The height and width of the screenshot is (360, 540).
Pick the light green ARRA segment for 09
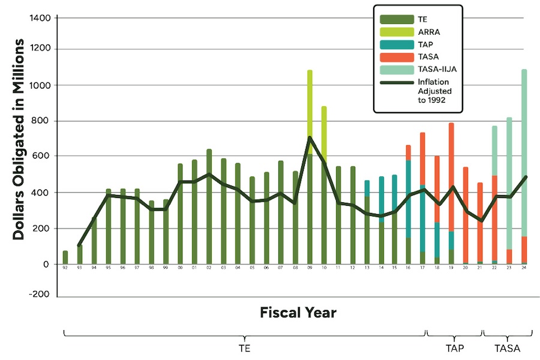310,102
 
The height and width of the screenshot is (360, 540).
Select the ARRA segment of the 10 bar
324,129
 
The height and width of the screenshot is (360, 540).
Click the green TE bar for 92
65,257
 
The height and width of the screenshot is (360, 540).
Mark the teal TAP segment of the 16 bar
408,198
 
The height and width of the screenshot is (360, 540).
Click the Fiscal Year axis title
298,313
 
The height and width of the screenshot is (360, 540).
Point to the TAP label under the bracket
454,348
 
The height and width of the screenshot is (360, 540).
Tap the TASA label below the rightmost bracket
507,348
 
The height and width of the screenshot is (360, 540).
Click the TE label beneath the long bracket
244,348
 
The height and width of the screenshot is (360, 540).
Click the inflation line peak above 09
310,138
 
